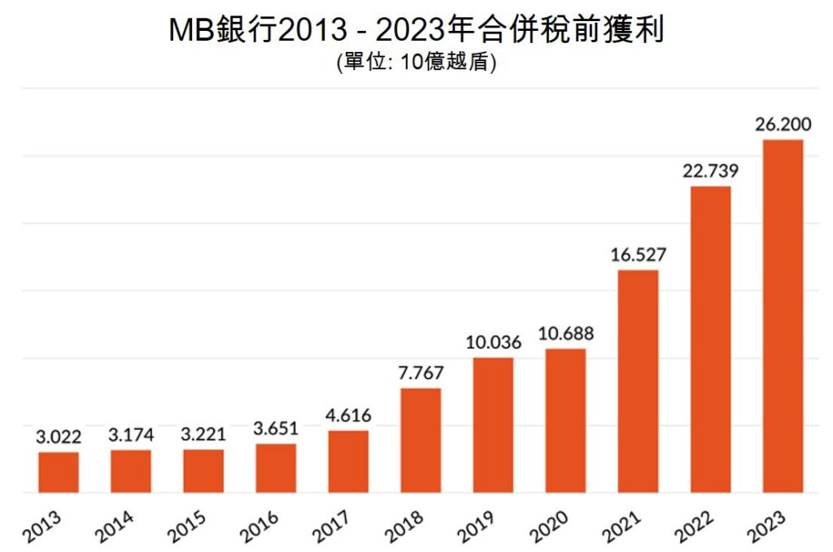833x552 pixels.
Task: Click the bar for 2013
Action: [59, 472]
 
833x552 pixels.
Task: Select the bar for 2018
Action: [421, 441]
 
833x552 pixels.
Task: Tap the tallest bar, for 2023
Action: [783, 316]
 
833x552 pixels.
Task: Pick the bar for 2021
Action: [638, 381]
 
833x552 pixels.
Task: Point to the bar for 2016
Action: [276, 468]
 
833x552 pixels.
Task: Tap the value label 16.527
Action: [638, 255]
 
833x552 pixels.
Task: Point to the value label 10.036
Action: [493, 342]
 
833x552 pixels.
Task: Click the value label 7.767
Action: [421, 373]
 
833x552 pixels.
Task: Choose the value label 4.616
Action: [348, 415]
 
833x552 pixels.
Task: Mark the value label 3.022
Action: [59, 437]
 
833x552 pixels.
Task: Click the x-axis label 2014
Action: [114, 527]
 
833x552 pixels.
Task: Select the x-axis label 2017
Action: [331, 527]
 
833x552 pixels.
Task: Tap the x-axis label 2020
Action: [548, 527]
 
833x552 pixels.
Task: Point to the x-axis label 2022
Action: [693, 527]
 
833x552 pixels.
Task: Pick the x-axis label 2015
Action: [186, 527]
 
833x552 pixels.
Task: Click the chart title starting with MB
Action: [416, 30]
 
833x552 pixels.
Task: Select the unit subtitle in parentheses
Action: [416, 63]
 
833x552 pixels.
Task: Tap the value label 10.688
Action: [565, 333]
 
